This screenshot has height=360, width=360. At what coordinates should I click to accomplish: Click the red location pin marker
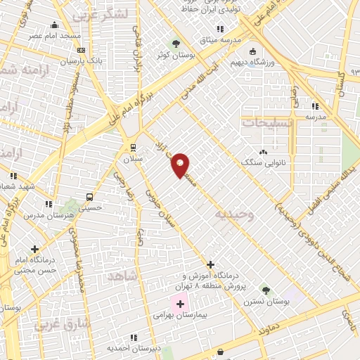pos(180,165)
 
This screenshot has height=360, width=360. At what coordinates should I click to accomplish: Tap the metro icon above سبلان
pos(133,147)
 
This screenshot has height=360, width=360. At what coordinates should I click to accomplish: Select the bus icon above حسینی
pos(89,197)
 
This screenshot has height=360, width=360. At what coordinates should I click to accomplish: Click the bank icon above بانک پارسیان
pos(81,51)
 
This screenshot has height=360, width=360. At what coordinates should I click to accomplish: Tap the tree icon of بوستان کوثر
pos(176,44)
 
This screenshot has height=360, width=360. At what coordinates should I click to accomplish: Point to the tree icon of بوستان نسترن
pos(266,290)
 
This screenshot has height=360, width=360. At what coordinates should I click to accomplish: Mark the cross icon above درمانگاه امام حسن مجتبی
pos(34,249)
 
